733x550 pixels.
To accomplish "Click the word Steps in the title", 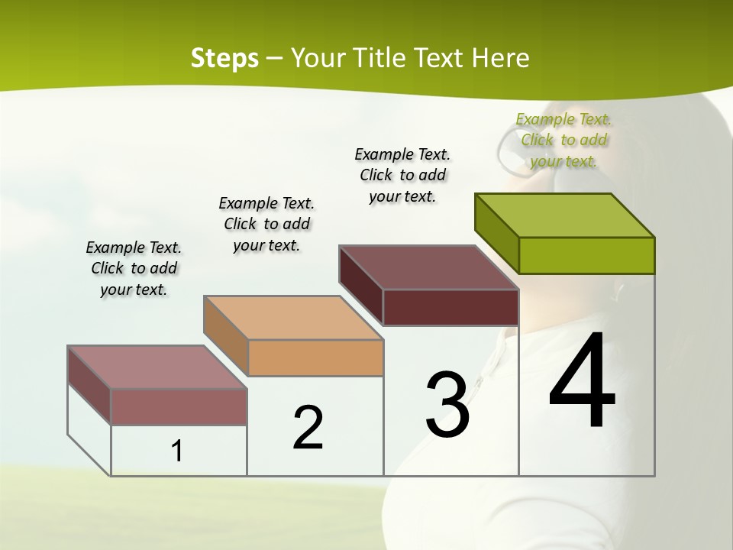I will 224,58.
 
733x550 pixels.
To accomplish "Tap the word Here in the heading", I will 500,58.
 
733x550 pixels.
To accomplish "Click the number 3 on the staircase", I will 447,405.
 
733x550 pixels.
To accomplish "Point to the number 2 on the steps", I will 308,428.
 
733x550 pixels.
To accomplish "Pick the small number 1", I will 177,451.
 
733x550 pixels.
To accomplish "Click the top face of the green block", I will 565,215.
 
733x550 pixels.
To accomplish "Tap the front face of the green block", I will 586,255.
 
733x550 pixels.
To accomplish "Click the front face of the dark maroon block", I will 450,307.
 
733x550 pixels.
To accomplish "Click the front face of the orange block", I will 315,357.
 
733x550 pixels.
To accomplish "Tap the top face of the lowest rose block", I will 157,367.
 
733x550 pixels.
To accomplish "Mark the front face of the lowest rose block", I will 179,406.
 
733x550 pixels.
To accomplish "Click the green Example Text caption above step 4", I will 563,140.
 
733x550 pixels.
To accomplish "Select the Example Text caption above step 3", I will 402,175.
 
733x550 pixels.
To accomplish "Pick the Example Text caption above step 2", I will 266,224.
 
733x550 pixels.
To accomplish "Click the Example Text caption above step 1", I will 134,268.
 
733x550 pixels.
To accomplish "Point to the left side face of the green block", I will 496,232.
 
